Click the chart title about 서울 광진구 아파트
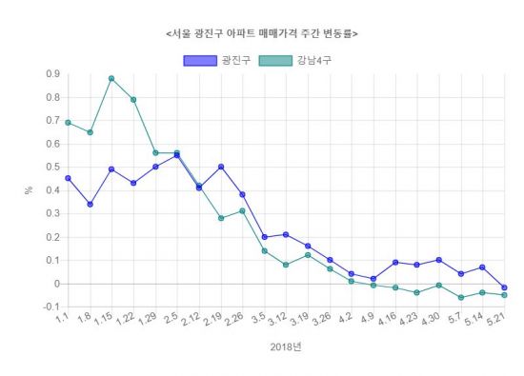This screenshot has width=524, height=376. [262, 33]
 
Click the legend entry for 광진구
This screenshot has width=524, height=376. [215, 61]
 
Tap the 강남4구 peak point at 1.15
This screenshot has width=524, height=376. [111, 79]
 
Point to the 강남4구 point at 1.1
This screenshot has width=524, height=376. [68, 123]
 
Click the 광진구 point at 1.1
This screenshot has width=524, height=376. [68, 178]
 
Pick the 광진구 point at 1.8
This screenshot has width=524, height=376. [90, 204]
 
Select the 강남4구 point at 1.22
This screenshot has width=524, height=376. [133, 100]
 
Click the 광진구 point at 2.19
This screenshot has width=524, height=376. [221, 167]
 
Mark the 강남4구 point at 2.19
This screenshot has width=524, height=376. [221, 218]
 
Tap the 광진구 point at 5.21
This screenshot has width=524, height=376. [505, 287]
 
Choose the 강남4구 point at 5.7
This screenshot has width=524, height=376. [461, 297]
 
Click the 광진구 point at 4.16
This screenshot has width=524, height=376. [395, 262]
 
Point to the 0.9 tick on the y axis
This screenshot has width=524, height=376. [51, 74]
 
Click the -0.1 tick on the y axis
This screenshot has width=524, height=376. [50, 307]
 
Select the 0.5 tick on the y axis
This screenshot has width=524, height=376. [51, 167]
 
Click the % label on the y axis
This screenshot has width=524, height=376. [29, 190]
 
